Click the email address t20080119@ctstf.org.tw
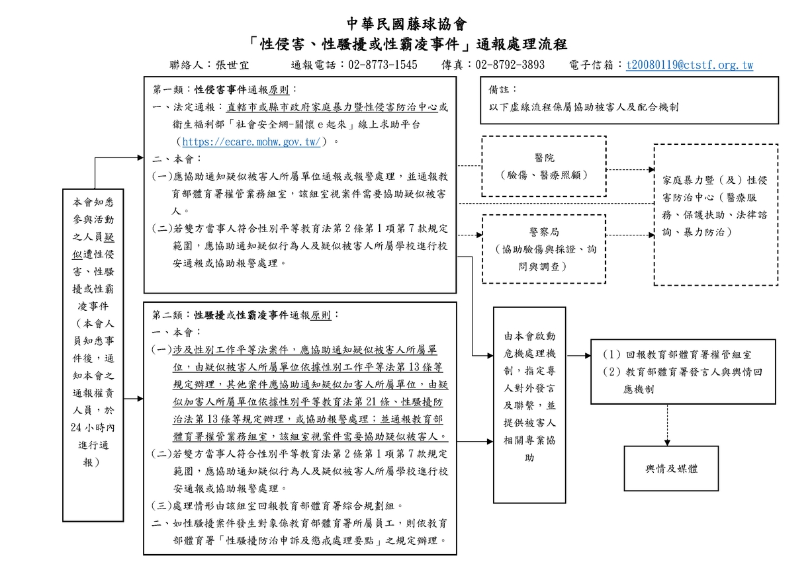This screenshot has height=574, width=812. [689, 65]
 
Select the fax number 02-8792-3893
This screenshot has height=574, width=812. [510, 65]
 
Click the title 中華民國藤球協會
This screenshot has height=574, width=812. [406, 24]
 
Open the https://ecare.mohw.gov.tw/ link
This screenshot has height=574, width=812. [251, 142]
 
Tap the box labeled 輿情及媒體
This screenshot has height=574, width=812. [671, 469]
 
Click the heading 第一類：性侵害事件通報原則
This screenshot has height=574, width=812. [225, 89]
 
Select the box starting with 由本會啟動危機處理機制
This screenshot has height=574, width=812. [529, 405]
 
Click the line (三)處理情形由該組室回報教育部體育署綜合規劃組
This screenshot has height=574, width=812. [277, 506]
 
